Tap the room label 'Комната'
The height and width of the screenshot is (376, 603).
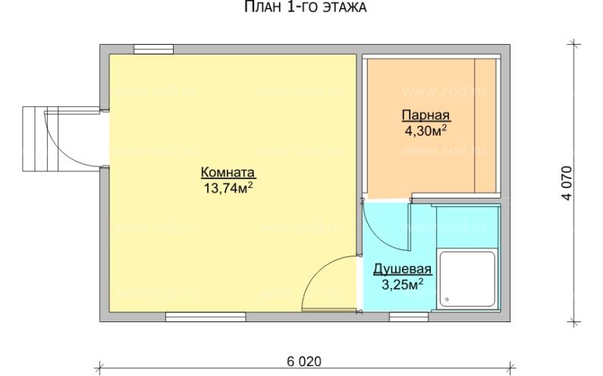tap(228, 171)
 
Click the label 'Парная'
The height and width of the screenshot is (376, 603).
tap(426, 116)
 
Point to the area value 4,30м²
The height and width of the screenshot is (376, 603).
tap(426, 130)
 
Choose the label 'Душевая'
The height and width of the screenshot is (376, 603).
tap(402, 270)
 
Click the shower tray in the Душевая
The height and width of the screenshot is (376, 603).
tap(467, 278)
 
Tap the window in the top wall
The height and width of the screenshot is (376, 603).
tap(151, 49)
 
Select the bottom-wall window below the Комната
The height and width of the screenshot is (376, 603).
tap(195, 317)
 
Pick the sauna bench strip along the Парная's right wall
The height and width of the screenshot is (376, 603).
tap(485, 125)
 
